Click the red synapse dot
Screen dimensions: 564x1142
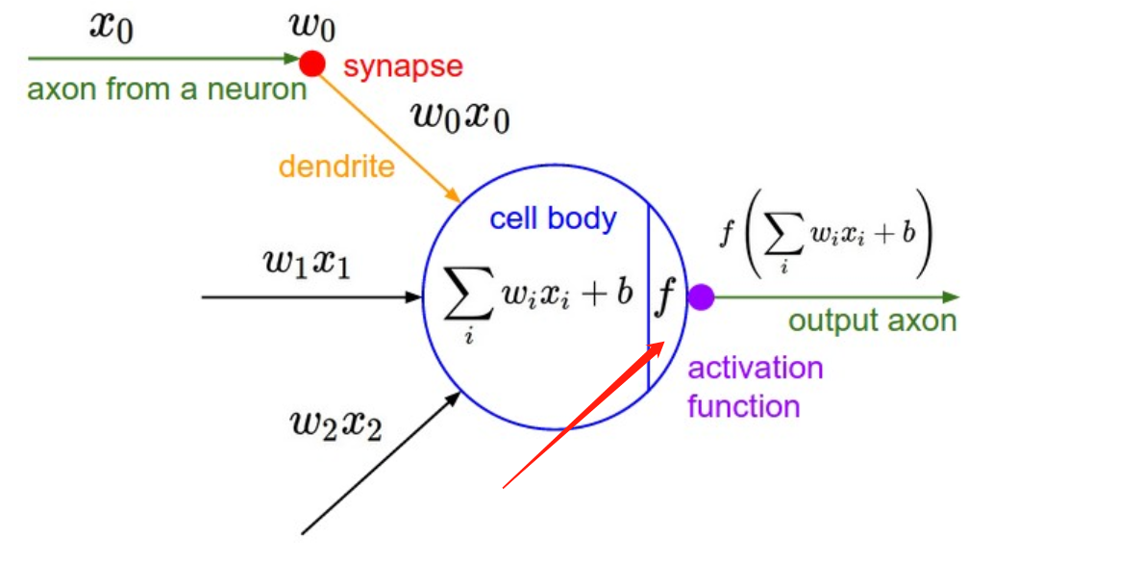tap(311, 64)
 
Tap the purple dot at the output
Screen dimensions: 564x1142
tap(701, 296)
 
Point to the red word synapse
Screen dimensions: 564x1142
tap(403, 66)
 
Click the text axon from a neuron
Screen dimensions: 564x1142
tap(166, 90)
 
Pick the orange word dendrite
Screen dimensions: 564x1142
tap(336, 167)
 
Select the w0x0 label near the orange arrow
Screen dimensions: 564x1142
tap(459, 116)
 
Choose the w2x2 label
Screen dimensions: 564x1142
tap(335, 423)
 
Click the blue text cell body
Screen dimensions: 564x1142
tap(553, 218)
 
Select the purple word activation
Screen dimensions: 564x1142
tap(755, 368)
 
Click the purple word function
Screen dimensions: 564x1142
tap(743, 405)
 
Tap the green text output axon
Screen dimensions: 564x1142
tap(872, 320)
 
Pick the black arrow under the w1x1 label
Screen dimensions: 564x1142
tap(308, 297)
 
